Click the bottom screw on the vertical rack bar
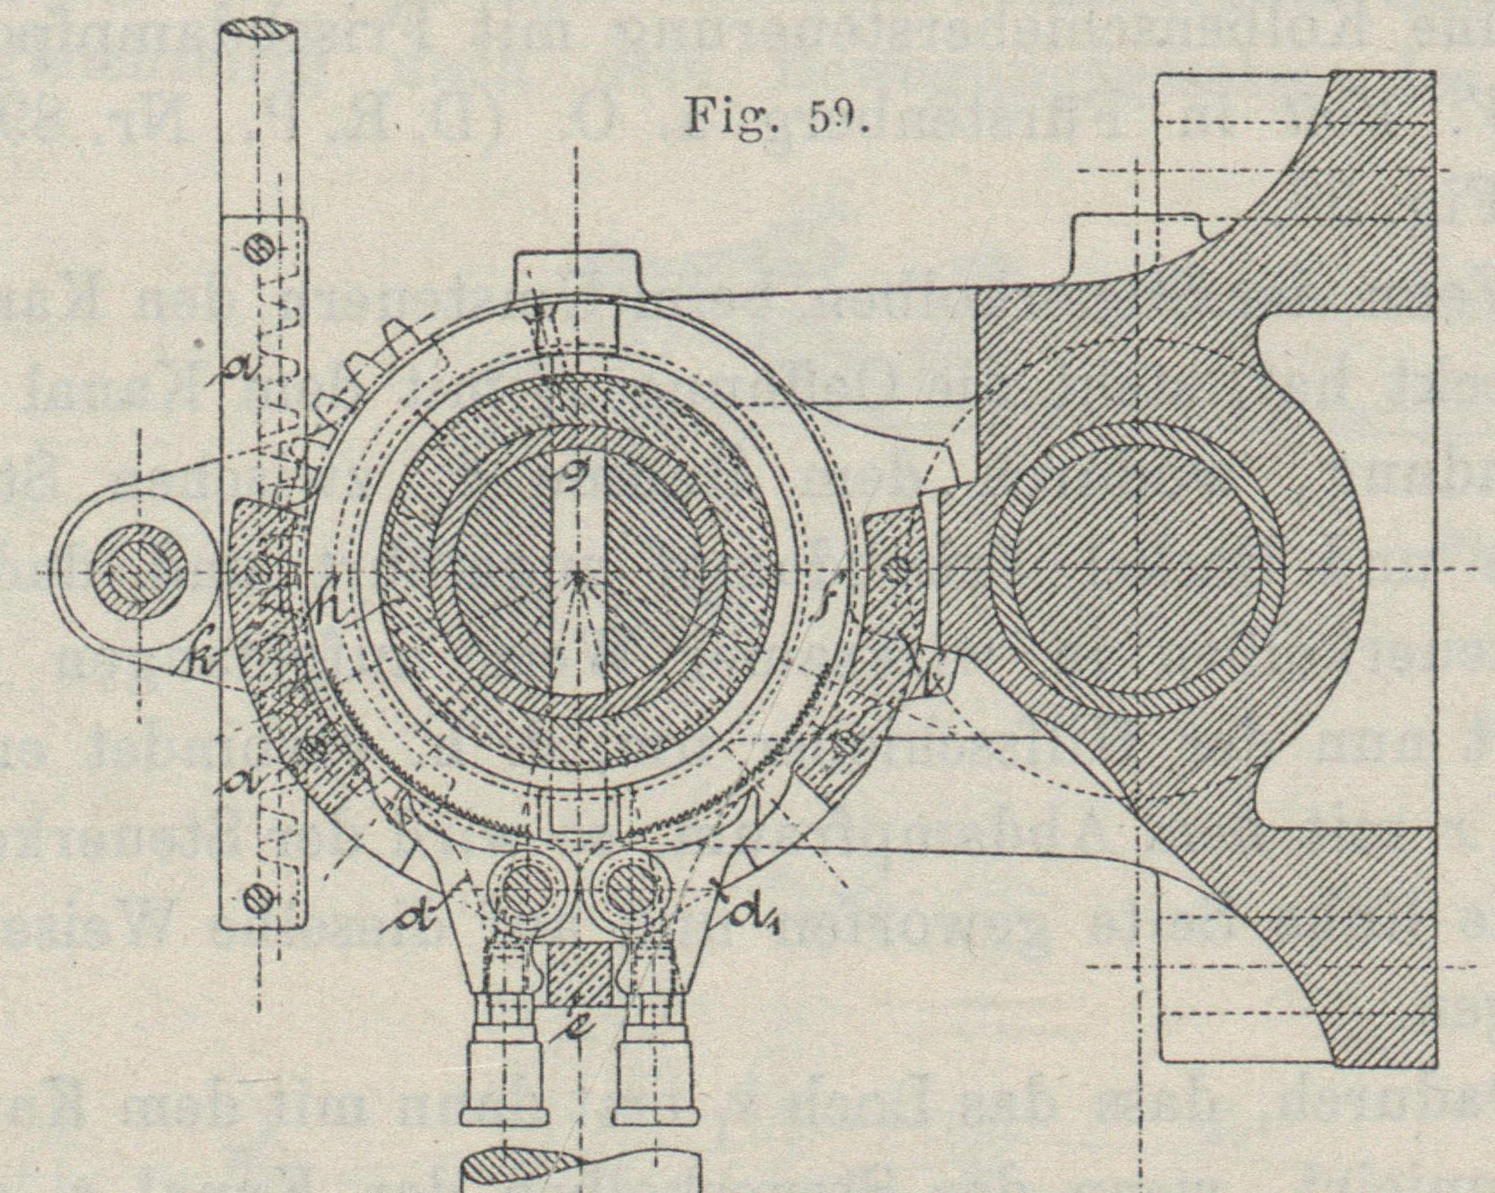pyautogui.click(x=259, y=896)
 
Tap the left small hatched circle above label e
pyautogui.click(x=520, y=890)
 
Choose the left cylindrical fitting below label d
pyautogui.click(x=505, y=1080)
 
